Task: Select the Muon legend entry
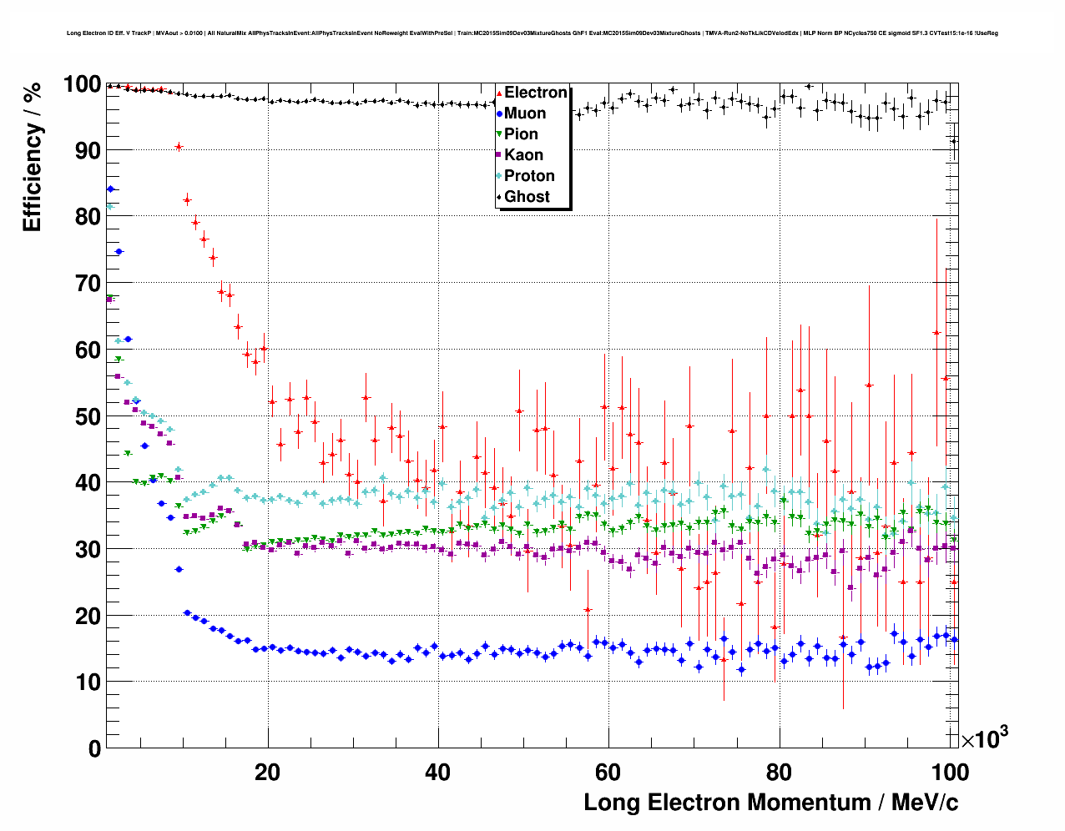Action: tap(524, 113)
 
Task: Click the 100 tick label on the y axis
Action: tap(82, 84)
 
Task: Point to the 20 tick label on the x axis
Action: tap(267, 773)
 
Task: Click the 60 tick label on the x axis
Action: tap(608, 773)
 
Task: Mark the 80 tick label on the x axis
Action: tap(778, 773)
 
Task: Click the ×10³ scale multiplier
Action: tap(984, 738)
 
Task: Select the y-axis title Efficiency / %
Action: tap(32, 158)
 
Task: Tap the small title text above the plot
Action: tap(532, 33)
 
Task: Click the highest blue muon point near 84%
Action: tap(110, 189)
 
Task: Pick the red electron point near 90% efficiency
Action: tap(179, 147)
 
